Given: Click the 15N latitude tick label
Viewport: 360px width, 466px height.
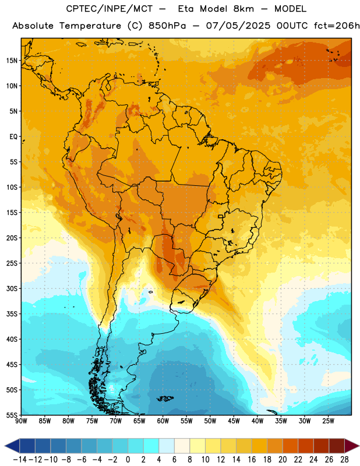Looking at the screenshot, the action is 12,61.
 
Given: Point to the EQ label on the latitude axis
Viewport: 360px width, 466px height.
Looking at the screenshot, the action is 13,137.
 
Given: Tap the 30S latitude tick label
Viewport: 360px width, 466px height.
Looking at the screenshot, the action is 12,288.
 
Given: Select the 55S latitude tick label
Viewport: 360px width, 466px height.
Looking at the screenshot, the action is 12,415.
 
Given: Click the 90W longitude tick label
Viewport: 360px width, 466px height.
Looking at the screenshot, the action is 21,421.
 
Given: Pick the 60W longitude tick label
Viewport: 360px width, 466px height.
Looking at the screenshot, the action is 163,421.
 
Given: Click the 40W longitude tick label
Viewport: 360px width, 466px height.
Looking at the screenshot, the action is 257,421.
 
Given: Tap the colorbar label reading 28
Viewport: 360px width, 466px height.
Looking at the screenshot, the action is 344,460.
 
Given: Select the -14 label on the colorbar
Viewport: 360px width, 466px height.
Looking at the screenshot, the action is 20,460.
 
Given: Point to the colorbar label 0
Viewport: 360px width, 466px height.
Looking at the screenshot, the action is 128,460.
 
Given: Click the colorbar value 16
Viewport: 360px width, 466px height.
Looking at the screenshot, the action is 252,460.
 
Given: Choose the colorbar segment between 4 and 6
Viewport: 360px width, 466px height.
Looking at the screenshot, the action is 167,446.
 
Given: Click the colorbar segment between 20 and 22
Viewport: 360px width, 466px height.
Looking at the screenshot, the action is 290,446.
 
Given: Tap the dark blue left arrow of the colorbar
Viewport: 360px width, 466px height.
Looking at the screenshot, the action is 12,446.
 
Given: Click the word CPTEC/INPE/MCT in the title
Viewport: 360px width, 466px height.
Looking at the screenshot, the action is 110,9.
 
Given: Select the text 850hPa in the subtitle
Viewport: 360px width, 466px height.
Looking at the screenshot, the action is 167,26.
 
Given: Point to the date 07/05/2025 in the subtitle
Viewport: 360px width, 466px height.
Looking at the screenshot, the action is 238,26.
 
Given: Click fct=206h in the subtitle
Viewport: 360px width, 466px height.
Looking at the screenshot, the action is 337,26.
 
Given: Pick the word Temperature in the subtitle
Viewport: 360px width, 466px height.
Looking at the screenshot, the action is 90,26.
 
